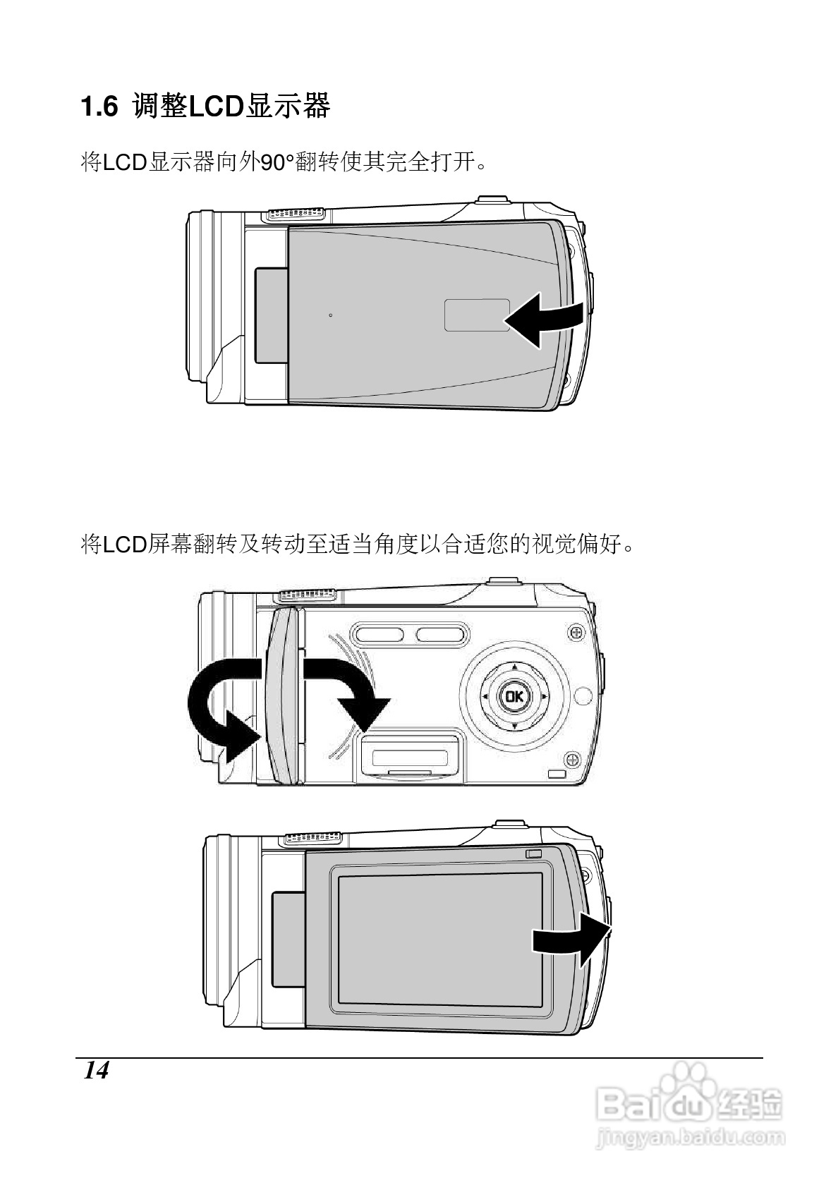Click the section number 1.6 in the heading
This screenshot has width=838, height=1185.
(x=98, y=108)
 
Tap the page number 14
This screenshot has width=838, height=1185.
(x=97, y=1070)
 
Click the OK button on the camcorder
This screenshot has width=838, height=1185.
(x=514, y=697)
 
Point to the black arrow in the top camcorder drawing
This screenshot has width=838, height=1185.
(x=544, y=320)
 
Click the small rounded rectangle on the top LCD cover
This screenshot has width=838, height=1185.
(x=477, y=315)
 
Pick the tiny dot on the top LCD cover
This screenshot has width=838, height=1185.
(x=330, y=315)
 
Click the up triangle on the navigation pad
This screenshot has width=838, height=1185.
(x=514, y=667)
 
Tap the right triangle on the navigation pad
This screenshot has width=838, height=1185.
(x=545, y=697)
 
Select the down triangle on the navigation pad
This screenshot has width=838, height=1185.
(x=514, y=726)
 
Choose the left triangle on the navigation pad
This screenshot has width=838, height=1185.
(x=485, y=697)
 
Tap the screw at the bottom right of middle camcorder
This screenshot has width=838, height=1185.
(x=573, y=759)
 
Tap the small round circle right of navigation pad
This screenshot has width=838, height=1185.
(x=583, y=696)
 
